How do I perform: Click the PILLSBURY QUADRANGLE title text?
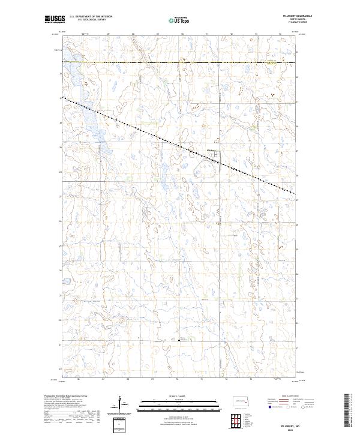tap(280, 16)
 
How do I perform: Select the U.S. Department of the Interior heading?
tap(91, 17)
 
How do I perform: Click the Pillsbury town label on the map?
tap(211, 151)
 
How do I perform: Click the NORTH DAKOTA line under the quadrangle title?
tap(280, 20)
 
